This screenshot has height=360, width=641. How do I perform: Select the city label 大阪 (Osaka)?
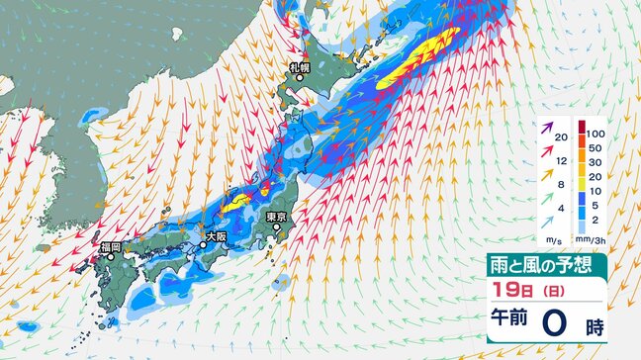pyautogui.click(x=216, y=236)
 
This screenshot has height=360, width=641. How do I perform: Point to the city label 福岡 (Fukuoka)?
pyautogui.click(x=110, y=246)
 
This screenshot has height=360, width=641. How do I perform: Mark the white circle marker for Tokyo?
pyautogui.click(x=278, y=227)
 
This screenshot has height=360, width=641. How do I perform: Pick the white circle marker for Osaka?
pyautogui.click(x=203, y=242)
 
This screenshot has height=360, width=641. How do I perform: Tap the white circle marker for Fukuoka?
pyautogui.click(x=111, y=256)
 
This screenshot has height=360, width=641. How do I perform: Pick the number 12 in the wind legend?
pyautogui.click(x=562, y=160)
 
